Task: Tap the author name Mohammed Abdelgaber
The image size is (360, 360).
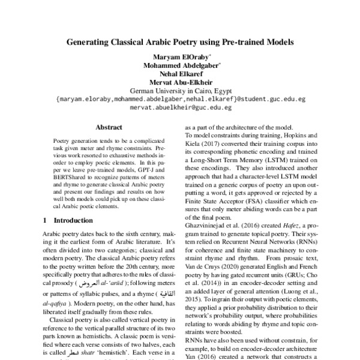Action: [x=179, y=66]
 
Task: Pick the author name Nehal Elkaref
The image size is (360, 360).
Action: [x=180, y=74]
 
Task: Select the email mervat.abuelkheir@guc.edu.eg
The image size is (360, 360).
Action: [x=180, y=108]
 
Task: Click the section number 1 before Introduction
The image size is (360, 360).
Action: [x=45, y=221]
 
